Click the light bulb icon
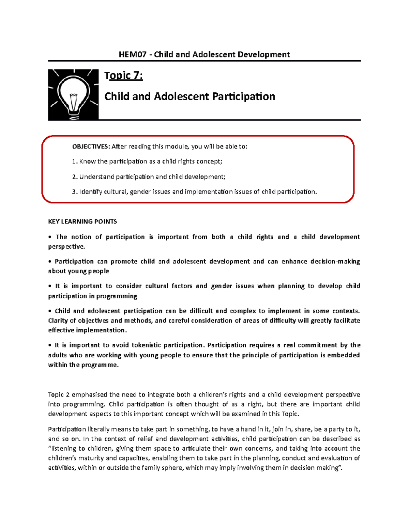[x=73, y=95]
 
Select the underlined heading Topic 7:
[x=123, y=76]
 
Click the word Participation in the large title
[x=243, y=97]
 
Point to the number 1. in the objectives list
[x=75, y=161]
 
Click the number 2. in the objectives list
[x=75, y=177]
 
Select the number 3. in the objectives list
[x=75, y=192]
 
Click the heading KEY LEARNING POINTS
[x=82, y=221]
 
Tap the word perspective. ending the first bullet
[x=66, y=247]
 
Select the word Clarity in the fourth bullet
[x=58, y=321]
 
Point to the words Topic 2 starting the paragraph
[x=59, y=395]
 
